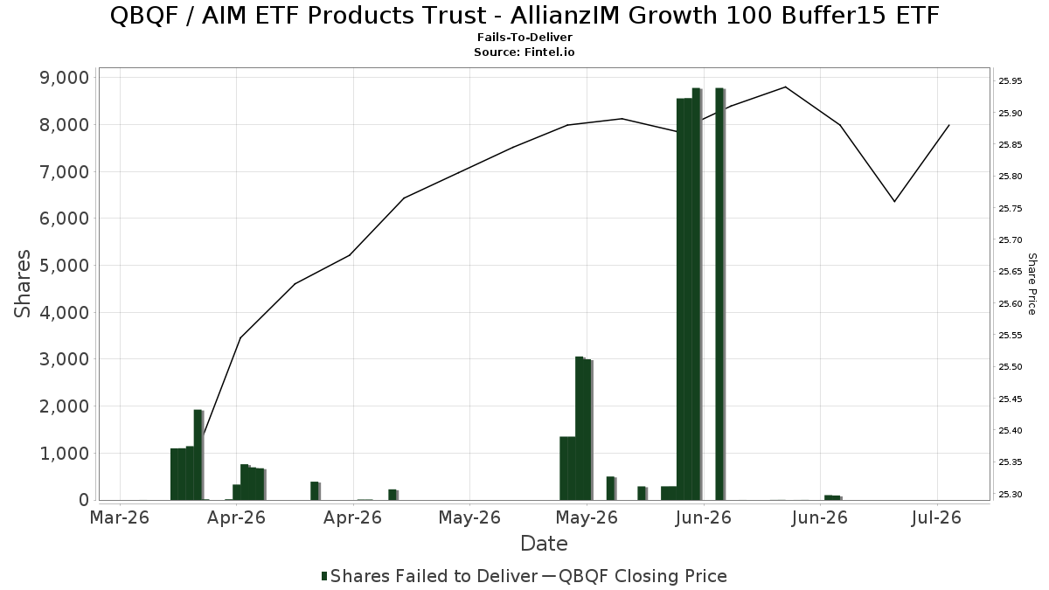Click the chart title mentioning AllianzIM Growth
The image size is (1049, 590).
pyautogui.click(x=524, y=16)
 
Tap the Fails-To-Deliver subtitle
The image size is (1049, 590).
pyautogui.click(x=524, y=38)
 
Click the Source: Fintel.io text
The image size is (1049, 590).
pyautogui.click(x=524, y=52)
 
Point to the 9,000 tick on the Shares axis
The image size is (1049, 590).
pyautogui.click(x=64, y=78)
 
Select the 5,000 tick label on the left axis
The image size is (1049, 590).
pyautogui.click(x=64, y=266)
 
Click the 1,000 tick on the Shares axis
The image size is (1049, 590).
pyautogui.click(x=64, y=454)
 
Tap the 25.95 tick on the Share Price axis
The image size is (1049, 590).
pyautogui.click(x=1011, y=81)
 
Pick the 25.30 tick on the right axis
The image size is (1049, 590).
pyautogui.click(x=1011, y=495)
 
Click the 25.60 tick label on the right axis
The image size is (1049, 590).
pyautogui.click(x=1011, y=304)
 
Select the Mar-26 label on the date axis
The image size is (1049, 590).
pyautogui.click(x=119, y=517)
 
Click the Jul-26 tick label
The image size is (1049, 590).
pyautogui.click(x=936, y=517)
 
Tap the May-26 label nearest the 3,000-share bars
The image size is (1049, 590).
pyautogui.click(x=587, y=517)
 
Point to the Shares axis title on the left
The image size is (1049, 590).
pyautogui.click(x=22, y=284)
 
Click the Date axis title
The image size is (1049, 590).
pyautogui.click(x=544, y=544)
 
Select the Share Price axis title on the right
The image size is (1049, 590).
pyautogui.click(x=1032, y=284)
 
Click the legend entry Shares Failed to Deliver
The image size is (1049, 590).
pyautogui.click(x=429, y=576)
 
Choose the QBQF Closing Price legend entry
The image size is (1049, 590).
pyautogui.click(x=635, y=576)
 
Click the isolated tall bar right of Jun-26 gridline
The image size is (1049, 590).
pyautogui.click(x=720, y=294)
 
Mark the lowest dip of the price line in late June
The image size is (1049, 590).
pyautogui.click(x=894, y=202)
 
